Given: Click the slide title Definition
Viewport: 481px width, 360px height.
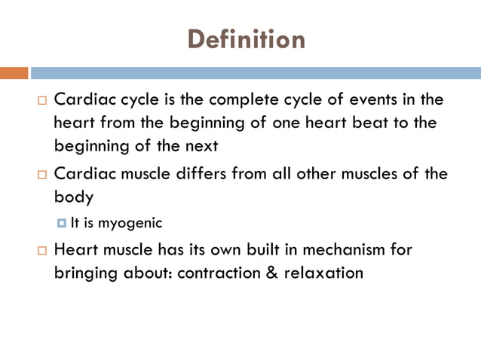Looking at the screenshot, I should click(246, 38).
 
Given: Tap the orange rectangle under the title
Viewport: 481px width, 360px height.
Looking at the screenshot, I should click(14, 73).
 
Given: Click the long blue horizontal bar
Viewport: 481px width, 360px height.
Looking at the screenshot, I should click(256, 73).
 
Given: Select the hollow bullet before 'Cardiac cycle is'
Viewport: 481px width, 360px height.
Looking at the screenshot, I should click(41, 100).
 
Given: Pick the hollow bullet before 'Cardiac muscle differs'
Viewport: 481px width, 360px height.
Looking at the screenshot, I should click(41, 175).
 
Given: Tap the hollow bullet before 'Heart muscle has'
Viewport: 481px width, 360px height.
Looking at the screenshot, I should click(41, 250).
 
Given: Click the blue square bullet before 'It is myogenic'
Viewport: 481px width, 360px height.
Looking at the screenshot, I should click(63, 223).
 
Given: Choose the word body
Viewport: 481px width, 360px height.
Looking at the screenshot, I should click(73, 197).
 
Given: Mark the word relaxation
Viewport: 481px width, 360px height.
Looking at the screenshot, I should click(323, 272).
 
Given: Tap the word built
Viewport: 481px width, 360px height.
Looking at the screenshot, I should click(256, 249).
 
